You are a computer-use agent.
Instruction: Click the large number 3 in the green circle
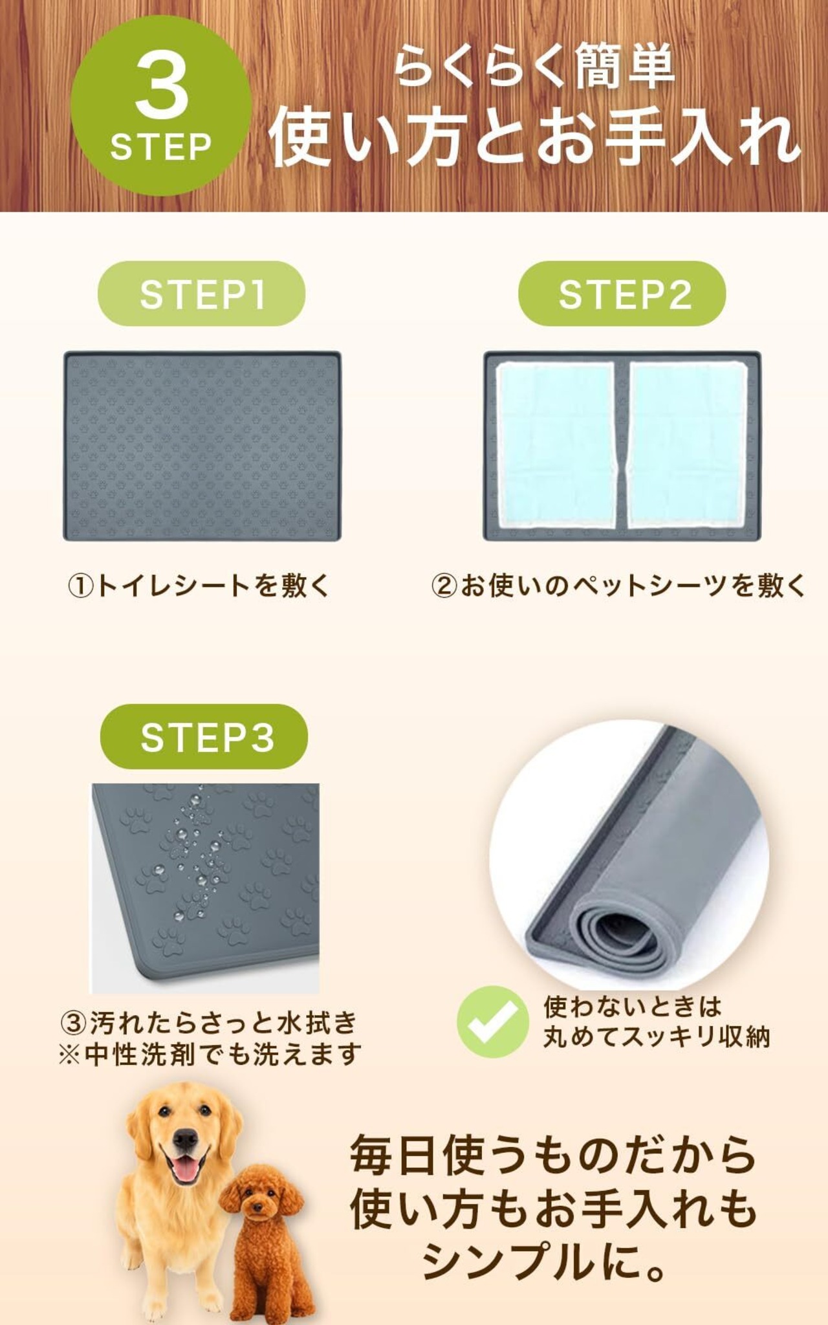(x=161, y=87)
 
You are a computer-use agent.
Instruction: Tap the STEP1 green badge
(x=201, y=294)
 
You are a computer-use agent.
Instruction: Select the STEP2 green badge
(x=622, y=294)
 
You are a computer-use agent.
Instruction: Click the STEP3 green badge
(x=204, y=737)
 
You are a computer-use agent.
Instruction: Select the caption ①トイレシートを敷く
(x=199, y=586)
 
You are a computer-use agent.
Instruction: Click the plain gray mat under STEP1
(x=202, y=446)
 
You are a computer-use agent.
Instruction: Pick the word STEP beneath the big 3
(x=161, y=147)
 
